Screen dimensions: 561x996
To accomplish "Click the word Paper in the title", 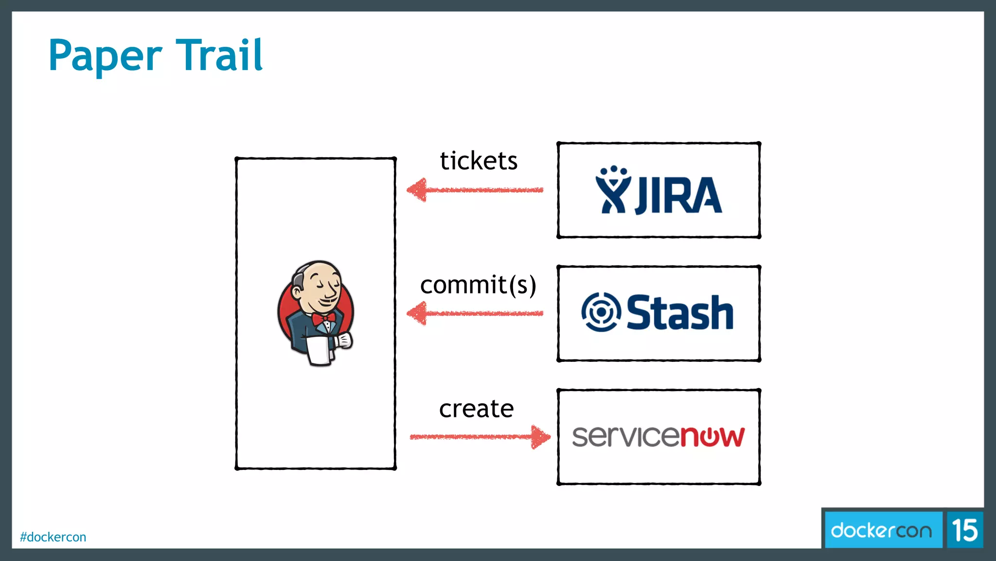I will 105,56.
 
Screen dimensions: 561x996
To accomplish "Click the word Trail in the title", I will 219,55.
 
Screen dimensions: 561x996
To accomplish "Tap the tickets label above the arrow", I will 479,161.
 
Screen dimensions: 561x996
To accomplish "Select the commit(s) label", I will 478,285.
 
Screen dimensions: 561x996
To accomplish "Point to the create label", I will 476,409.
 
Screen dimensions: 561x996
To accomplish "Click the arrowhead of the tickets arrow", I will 417,190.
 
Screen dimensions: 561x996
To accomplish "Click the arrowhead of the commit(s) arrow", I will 417,313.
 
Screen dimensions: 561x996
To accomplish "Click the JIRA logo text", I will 678,195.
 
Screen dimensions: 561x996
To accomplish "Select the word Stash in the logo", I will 680,313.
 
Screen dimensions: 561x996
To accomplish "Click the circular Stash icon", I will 601,312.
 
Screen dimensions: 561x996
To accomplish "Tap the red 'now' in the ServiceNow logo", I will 712,436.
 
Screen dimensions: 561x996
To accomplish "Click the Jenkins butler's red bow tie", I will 324,319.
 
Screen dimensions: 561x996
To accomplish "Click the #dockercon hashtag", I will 53,537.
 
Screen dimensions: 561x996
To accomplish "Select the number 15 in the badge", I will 964,530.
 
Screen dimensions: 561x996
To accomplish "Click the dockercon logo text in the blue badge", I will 881,530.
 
